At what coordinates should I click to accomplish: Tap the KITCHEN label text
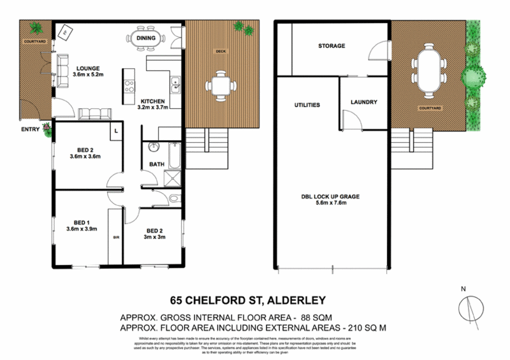(x=153, y=101)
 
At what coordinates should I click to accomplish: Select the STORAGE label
(x=331, y=46)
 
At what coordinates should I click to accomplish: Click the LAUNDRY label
(x=363, y=102)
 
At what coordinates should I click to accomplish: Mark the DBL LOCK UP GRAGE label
(x=331, y=198)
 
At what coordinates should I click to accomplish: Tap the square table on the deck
(x=220, y=85)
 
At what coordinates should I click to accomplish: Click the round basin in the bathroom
(x=153, y=148)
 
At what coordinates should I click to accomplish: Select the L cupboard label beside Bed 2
(x=116, y=131)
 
